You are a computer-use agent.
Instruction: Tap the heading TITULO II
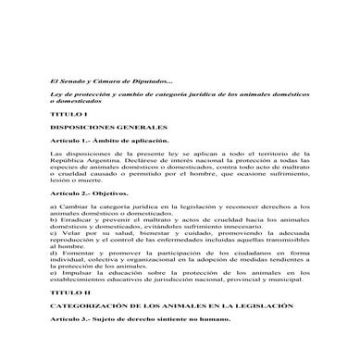click(65, 291)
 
